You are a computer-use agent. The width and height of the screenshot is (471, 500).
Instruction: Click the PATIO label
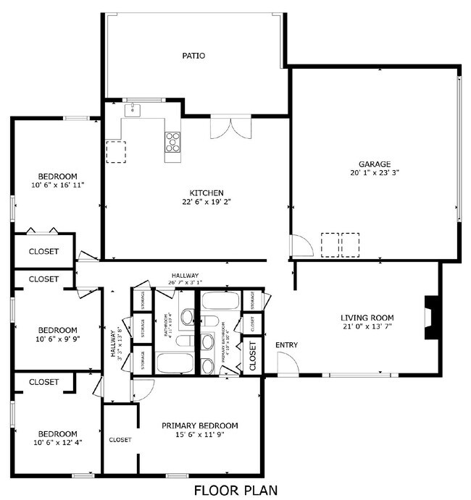(193, 55)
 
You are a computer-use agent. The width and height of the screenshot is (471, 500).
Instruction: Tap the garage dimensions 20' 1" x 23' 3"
(374, 173)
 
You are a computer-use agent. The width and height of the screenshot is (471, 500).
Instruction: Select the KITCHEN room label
(207, 192)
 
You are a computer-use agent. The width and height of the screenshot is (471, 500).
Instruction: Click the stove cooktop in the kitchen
(172, 141)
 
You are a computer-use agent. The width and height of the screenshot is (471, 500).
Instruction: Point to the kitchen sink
(133, 110)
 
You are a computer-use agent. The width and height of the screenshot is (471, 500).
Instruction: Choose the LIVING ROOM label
(367, 317)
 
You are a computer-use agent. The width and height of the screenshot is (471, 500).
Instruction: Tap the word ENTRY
(287, 344)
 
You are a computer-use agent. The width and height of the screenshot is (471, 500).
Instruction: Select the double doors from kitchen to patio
(230, 127)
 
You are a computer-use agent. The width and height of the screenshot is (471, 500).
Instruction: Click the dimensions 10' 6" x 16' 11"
(58, 185)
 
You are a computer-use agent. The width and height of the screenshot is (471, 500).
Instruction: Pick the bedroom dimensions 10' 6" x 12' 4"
(58, 443)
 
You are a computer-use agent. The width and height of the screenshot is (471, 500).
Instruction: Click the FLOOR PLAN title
(236, 490)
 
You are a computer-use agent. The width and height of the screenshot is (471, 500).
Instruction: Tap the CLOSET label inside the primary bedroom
(120, 439)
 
